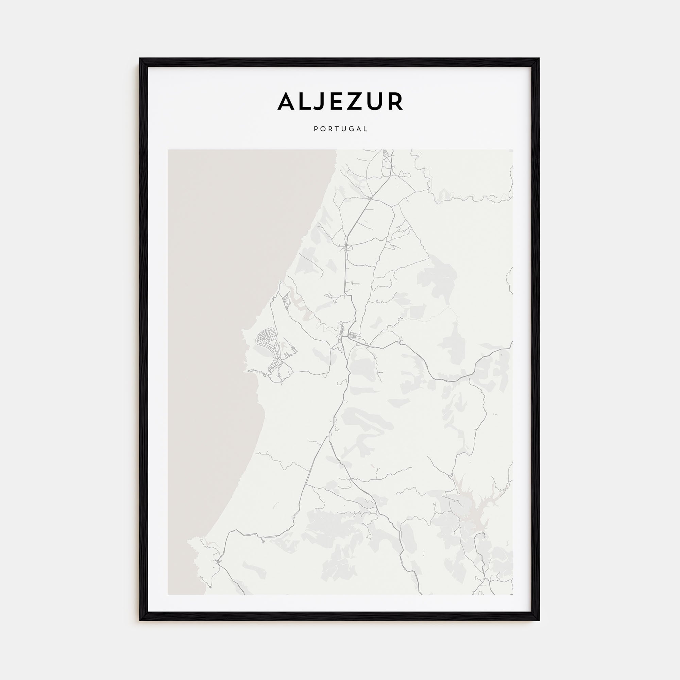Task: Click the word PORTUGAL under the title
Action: point(340,129)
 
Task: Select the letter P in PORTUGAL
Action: point(316,129)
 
